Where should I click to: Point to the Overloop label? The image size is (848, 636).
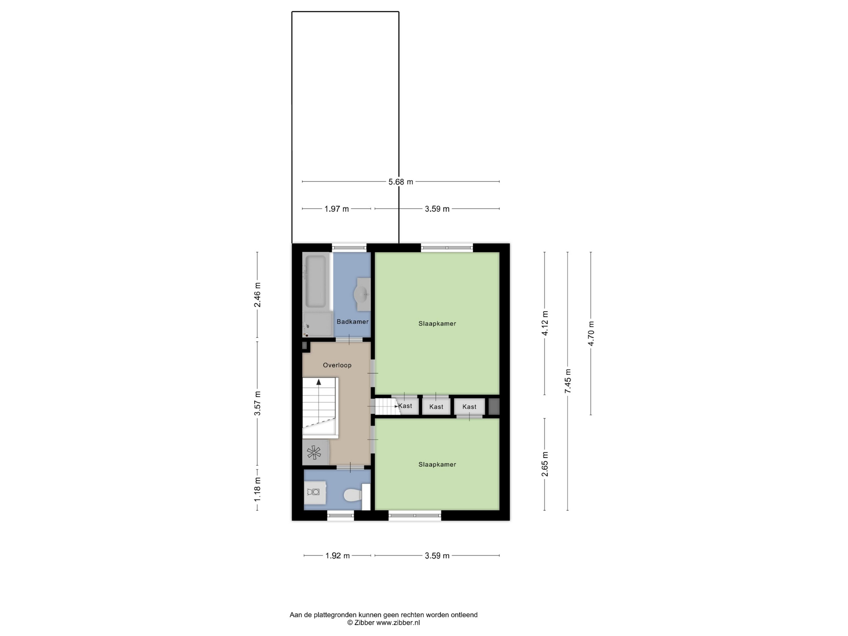[x=337, y=365]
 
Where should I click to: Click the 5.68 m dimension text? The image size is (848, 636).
[x=401, y=182]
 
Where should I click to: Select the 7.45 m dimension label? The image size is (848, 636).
[x=568, y=381]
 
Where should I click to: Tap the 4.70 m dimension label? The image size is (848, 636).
[x=591, y=333]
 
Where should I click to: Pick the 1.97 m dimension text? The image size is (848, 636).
[x=336, y=209]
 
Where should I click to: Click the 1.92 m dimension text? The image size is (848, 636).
[x=337, y=555]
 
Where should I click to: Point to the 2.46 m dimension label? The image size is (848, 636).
[x=257, y=295]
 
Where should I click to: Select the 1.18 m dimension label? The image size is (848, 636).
[x=257, y=489]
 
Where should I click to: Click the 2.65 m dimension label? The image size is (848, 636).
[x=545, y=464]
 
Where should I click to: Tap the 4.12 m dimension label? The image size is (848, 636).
[x=545, y=323]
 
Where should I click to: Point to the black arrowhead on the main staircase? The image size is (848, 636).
[x=319, y=382]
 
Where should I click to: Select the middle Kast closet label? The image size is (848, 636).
[x=436, y=407]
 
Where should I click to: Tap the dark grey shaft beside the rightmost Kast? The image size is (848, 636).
[x=494, y=406]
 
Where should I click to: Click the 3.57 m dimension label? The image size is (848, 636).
[x=257, y=403]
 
